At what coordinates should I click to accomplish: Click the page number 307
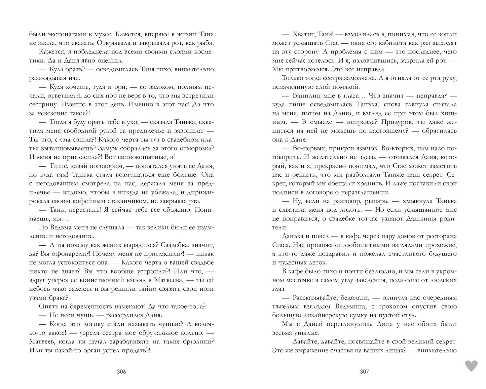tap(364, 372)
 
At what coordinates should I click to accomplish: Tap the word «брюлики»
tap(199, 341)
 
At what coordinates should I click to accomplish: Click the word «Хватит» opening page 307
tap(305, 34)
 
